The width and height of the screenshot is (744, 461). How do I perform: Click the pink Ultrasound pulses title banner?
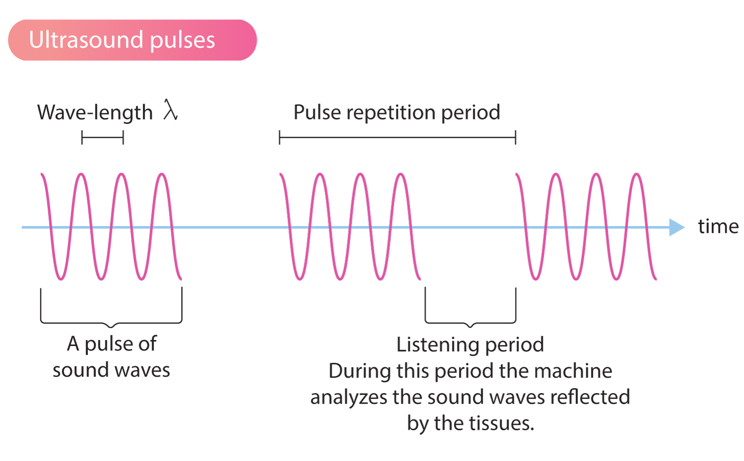pyautogui.click(x=132, y=40)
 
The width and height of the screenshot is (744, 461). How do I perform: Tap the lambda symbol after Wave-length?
pyautogui.click(x=170, y=110)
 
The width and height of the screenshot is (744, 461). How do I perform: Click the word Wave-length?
pyautogui.click(x=95, y=113)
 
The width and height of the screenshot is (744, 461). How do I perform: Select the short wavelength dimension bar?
pyautogui.click(x=102, y=138)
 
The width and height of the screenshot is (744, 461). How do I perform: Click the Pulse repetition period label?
pyautogui.click(x=396, y=113)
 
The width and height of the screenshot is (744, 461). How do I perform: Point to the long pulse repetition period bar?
pyautogui.click(x=397, y=138)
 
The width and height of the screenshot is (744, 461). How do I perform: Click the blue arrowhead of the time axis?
pyautogui.click(x=676, y=227)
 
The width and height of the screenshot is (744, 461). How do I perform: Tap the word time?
pyautogui.click(x=718, y=227)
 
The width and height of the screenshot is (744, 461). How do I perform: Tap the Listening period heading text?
pyautogui.click(x=470, y=345)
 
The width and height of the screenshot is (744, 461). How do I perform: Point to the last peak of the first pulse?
pyautogui.click(x=162, y=175)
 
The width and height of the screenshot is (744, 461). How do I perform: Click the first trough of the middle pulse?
pyautogui.click(x=299, y=278)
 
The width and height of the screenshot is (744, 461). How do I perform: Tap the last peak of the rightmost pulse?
pyautogui.click(x=637, y=175)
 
